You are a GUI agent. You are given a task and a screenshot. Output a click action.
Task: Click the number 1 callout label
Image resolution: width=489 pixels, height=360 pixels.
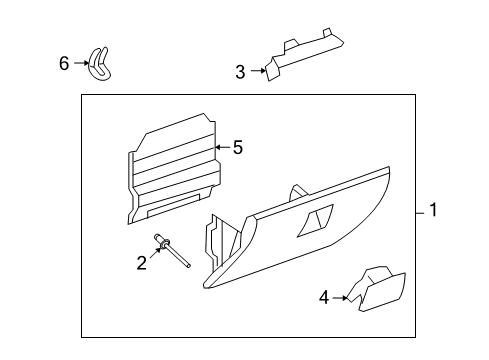(434, 210)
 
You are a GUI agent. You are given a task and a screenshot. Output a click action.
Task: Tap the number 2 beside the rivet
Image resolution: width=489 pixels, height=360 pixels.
(141, 262)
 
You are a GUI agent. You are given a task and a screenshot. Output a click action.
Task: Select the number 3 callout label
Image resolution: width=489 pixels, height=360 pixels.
(239, 72)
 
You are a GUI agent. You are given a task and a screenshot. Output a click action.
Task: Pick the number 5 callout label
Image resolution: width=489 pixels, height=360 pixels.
(237, 148)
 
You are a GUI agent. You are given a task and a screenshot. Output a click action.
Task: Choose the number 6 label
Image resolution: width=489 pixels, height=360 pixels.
(64, 63)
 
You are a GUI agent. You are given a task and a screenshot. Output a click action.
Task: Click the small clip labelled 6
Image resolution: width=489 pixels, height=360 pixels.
(101, 65)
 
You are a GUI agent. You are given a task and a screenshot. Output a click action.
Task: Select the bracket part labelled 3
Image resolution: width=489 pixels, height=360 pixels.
(300, 52)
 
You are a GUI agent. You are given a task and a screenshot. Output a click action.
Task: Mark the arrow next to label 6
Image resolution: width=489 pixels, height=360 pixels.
(80, 64)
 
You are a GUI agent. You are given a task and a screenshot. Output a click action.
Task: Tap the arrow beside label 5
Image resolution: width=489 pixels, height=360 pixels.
(222, 148)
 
